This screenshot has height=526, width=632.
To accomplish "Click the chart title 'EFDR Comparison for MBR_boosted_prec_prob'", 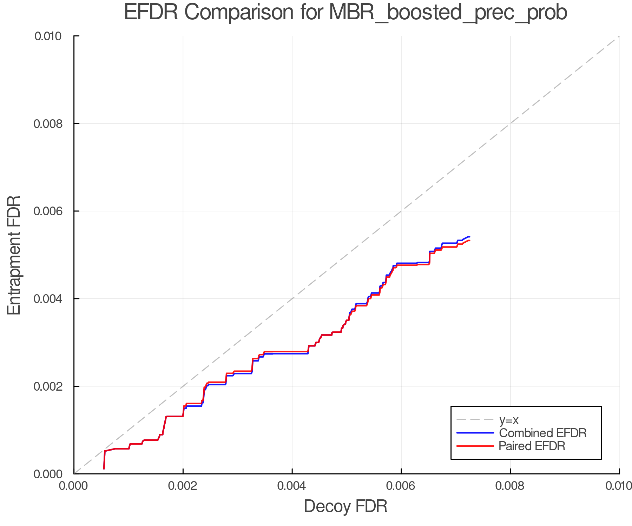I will pyautogui.click(x=345, y=13).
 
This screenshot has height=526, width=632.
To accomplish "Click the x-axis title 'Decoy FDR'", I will pyautogui.click(x=345, y=506).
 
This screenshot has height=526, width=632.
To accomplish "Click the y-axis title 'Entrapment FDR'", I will pyautogui.click(x=14, y=255).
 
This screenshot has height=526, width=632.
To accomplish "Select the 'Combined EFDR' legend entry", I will pyautogui.click(x=542, y=433).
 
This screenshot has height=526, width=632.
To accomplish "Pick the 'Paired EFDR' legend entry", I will pyautogui.click(x=532, y=446).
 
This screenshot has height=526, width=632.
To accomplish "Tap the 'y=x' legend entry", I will pyautogui.click(x=509, y=420).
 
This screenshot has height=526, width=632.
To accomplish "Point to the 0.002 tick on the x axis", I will pyautogui.click(x=183, y=486).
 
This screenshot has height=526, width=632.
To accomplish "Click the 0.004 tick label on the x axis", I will pyautogui.click(x=292, y=486).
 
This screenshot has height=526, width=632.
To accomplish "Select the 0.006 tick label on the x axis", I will pyautogui.click(x=401, y=486).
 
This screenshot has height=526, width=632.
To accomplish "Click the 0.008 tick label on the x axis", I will pyautogui.click(x=510, y=486).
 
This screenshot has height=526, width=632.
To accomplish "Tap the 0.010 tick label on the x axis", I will pyautogui.click(x=619, y=486).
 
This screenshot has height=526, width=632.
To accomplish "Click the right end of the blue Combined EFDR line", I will pyautogui.click(x=469, y=237).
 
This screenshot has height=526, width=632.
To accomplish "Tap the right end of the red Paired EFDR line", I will pyautogui.click(x=469, y=241).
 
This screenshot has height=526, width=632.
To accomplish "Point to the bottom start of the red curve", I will pyautogui.click(x=104, y=468).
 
